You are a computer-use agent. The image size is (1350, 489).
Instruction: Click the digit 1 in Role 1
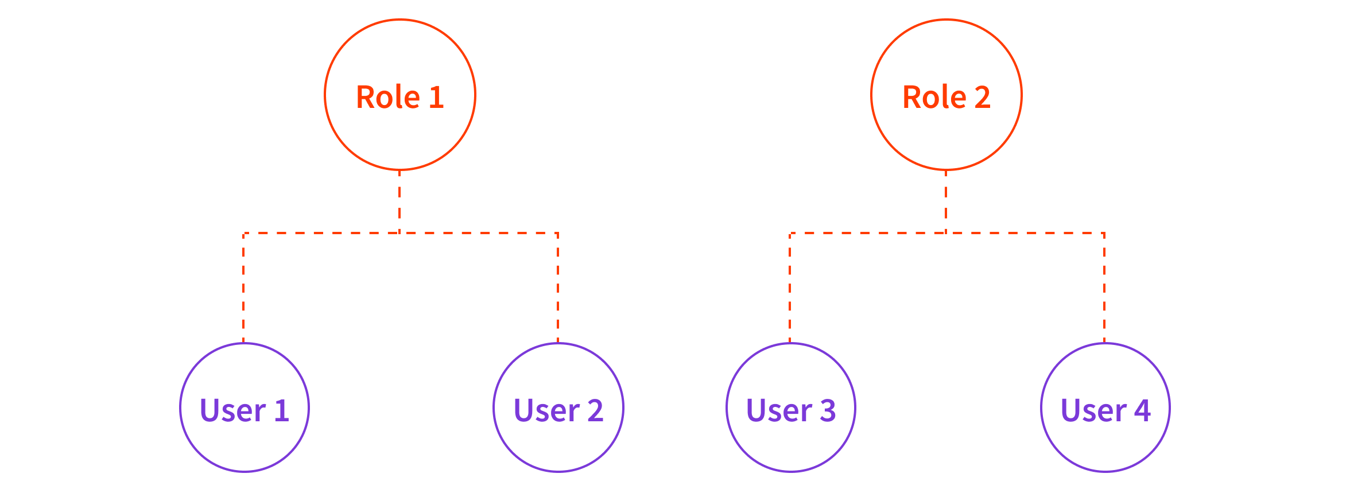point(436,97)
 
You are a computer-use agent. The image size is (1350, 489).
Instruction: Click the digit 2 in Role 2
point(983,97)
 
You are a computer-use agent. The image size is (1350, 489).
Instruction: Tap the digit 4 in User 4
point(1142,410)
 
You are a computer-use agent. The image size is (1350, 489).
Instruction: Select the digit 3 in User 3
point(828,410)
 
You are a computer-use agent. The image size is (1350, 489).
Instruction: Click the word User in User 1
point(232,411)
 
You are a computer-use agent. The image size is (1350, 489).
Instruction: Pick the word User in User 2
point(546,411)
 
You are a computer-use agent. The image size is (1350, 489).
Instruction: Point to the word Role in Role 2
point(934,97)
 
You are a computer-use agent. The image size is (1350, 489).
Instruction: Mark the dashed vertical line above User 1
point(243,287)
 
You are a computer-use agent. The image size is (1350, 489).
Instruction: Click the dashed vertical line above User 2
point(558,287)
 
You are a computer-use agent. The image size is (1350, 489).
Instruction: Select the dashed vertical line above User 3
point(790,287)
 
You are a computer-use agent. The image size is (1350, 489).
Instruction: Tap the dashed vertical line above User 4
point(1104,287)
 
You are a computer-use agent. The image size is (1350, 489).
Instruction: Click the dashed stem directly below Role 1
point(399,201)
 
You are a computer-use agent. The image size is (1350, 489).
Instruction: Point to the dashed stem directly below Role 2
point(946,201)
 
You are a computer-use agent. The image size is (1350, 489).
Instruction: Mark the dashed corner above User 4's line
point(1104,233)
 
